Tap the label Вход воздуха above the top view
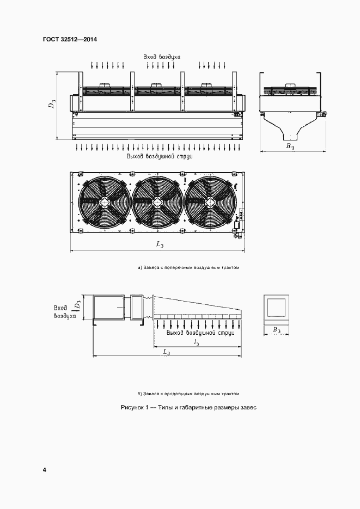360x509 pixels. point(161,57)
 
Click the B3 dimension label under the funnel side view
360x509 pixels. point(290,147)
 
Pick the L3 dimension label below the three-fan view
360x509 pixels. point(160,245)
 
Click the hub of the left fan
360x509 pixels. point(105,202)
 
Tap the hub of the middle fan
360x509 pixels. point(157,202)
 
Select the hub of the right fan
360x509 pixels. point(210,202)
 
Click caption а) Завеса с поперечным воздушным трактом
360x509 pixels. point(188,268)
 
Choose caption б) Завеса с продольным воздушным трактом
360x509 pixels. point(188,393)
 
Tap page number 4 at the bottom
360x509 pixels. point(44,469)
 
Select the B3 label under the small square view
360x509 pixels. point(276,330)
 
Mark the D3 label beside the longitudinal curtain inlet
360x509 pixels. point(78,305)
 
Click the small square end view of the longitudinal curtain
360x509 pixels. point(276,308)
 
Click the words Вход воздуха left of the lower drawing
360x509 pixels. point(61,311)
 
